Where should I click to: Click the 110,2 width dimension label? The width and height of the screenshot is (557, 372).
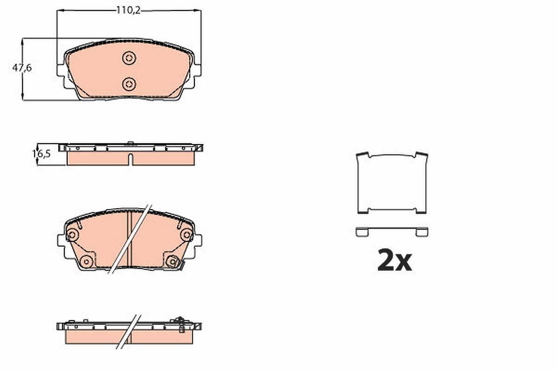pyautogui.click(x=129, y=10)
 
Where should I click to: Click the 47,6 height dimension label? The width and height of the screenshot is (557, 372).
pyautogui.click(x=22, y=68)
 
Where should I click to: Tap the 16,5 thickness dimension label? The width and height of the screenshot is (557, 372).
pyautogui.click(x=41, y=154)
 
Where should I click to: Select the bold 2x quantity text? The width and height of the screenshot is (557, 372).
pyautogui.click(x=395, y=259)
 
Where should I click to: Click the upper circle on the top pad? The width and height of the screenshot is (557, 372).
pyautogui.click(x=129, y=58)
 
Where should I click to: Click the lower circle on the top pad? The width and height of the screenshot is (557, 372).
pyautogui.click(x=129, y=84)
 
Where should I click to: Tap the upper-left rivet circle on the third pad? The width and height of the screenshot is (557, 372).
pyautogui.click(x=72, y=235)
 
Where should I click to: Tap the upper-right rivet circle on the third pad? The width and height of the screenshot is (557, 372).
pyautogui.click(x=187, y=235)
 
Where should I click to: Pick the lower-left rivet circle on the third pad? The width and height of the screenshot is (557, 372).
pyautogui.click(x=86, y=262)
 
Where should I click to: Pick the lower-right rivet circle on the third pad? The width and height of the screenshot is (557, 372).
pyautogui.click(x=172, y=262)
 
